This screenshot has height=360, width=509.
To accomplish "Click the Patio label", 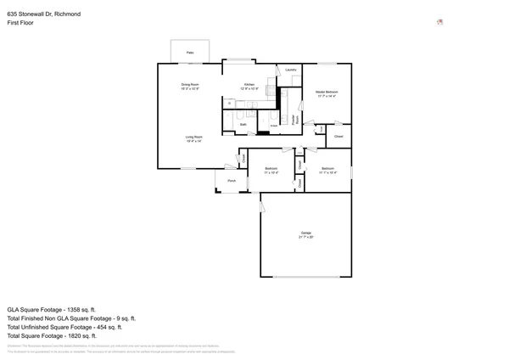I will coord(190,53).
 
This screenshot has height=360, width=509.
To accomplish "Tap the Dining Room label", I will coord(190,84).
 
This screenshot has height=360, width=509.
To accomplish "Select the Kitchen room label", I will coord(249,84).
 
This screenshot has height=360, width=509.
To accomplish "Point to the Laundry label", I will coord(290,70).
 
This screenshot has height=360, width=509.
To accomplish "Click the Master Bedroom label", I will coord(327,92).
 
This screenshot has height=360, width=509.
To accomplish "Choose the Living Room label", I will coord(194,137).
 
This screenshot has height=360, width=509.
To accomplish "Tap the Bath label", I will coord(243,125).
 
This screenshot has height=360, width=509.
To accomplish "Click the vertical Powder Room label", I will coord(294,119).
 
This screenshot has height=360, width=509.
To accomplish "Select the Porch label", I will coord(231,181).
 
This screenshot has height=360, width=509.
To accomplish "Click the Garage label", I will coord(305,233).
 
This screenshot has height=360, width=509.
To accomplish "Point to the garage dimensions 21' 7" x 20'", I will coord(305,237).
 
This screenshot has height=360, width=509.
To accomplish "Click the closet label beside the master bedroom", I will coord(338,136).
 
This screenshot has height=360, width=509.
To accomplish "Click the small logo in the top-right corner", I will coord(440,22).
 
